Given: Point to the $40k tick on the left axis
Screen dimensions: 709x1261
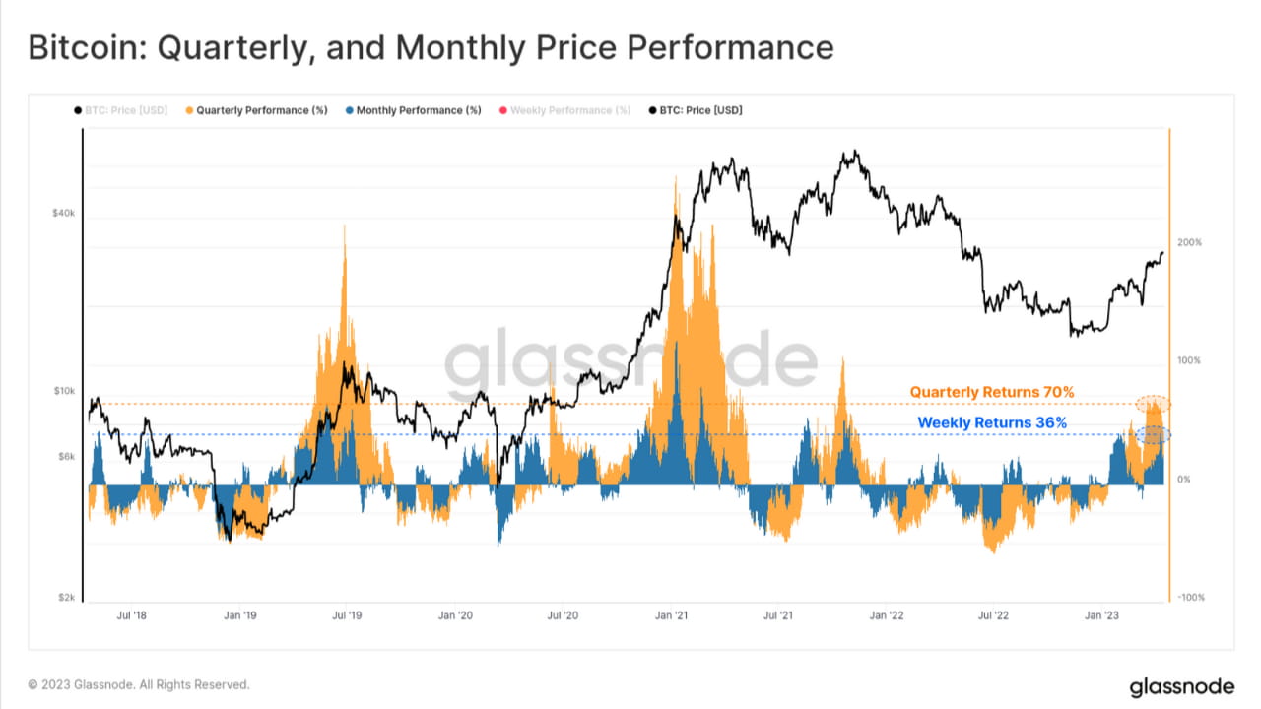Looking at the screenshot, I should point(63,214).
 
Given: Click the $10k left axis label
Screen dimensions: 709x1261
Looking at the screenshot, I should point(63,391).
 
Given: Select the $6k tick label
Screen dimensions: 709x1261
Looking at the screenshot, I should point(65,457).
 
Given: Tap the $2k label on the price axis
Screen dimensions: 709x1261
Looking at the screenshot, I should point(65,598).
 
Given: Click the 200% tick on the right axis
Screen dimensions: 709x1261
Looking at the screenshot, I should point(1189,242).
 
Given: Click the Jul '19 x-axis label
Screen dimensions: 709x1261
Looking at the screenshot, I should point(346,616).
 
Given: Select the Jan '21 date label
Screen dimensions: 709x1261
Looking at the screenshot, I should point(671,616).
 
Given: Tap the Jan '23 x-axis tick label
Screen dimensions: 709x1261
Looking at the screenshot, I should point(1101,616).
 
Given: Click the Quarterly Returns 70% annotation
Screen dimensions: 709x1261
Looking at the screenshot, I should point(991,392).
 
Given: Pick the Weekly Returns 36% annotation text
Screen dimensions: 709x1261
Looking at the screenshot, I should point(992,422).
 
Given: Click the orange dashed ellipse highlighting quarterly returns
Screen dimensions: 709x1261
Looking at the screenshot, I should point(1153,403).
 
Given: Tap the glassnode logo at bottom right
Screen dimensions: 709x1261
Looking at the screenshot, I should point(1180,686).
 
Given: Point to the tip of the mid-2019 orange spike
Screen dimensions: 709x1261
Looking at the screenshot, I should point(345,226).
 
